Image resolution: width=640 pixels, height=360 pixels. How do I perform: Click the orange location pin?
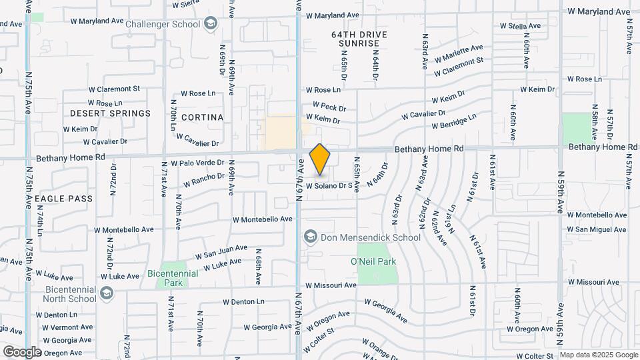[320, 159]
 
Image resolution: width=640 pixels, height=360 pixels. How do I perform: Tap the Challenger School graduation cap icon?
[211, 25]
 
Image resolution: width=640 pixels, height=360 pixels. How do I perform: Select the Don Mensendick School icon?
[310, 237]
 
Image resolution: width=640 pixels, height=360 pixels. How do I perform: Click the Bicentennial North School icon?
[106, 293]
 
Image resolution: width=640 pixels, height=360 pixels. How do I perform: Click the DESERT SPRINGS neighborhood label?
[110, 113]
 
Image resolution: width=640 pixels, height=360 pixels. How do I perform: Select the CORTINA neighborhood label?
[202, 117]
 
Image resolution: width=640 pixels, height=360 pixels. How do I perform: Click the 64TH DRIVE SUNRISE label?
[358, 38]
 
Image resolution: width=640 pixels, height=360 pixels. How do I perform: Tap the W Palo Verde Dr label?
[197, 163]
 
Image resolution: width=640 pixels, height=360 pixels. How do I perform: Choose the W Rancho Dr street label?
[203, 179]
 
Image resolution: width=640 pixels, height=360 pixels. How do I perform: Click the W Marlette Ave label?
[458, 53]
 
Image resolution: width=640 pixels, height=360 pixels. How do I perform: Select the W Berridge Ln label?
[454, 121]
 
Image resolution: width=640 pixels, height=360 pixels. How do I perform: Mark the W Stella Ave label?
[519, 26]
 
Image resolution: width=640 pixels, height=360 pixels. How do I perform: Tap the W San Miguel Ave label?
[597, 230]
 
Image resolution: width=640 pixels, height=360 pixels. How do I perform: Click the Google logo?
[21, 351]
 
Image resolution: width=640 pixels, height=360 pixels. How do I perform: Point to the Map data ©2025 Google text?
[598, 355]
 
